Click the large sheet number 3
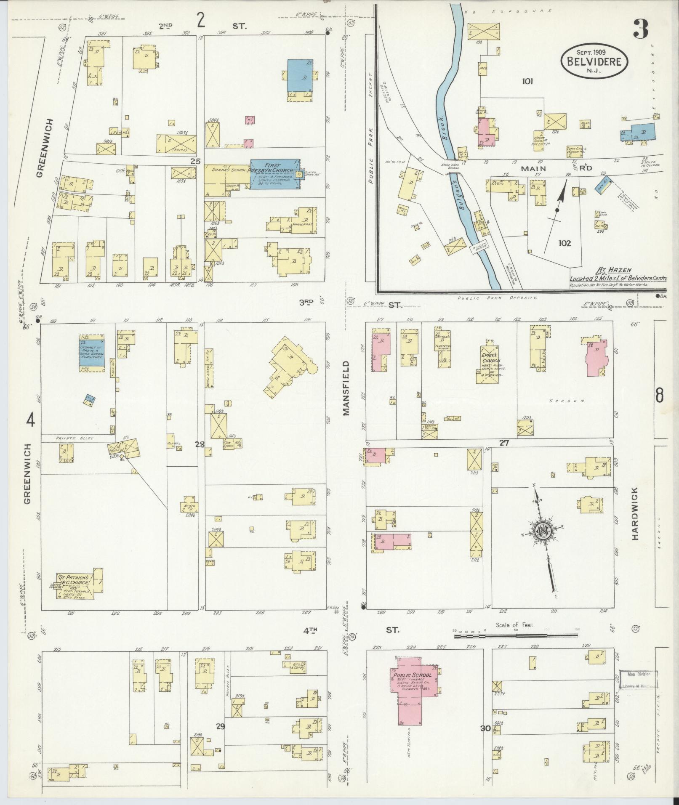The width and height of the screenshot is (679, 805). (x=640, y=29)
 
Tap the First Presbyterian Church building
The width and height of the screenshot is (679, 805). (x=275, y=174)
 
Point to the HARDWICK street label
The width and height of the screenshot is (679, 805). (x=635, y=513)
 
